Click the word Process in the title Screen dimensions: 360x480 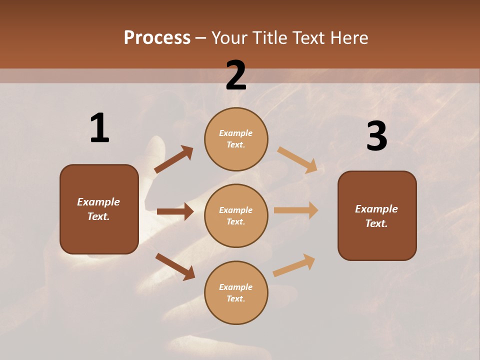pos(157,38)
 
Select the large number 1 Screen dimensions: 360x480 pos(99,128)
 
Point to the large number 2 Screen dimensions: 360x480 pos(236,75)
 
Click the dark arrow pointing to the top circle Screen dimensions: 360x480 pos(173,159)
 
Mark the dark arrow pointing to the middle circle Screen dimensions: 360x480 pos(175,211)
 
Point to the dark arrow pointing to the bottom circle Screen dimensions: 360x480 pos(175,266)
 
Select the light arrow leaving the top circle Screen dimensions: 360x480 pos(297,160)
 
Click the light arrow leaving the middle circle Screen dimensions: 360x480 pos(296,210)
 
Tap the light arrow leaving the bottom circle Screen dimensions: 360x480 pos(294,265)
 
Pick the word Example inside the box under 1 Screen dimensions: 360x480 pos(98,202)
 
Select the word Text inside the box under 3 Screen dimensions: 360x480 pos(376,223)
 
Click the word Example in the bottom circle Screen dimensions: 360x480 pos(235,287)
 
